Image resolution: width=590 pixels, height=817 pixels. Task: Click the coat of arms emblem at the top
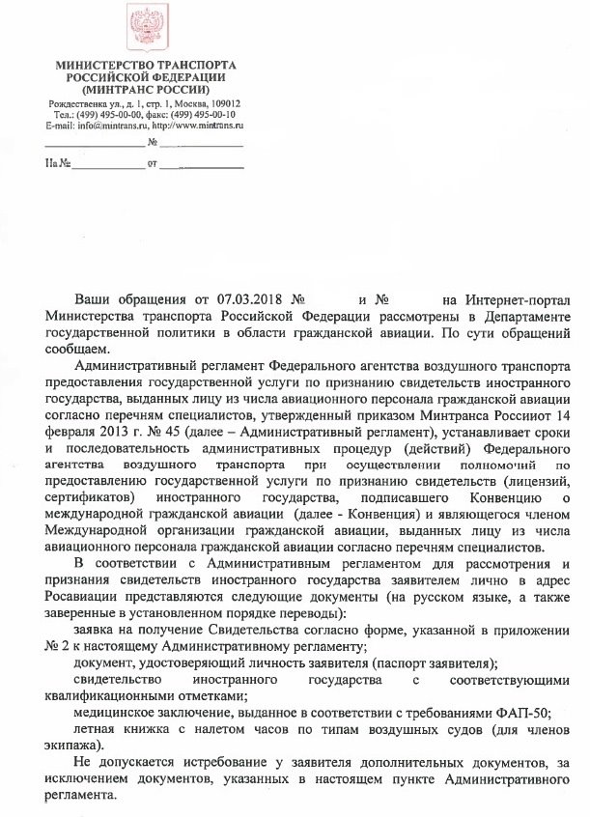[146, 29]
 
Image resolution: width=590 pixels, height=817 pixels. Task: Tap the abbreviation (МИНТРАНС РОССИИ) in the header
[145, 88]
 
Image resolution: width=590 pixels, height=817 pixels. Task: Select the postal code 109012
[221, 103]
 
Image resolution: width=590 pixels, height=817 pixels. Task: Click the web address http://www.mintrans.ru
[198, 126]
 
